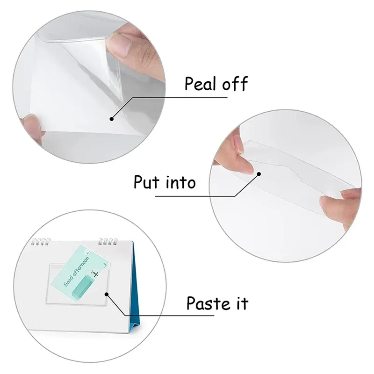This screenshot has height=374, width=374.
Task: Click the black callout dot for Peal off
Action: pyautogui.click(x=112, y=118)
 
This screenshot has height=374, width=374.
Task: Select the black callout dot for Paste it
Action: pyautogui.click(x=107, y=295)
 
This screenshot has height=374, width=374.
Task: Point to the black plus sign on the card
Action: pyautogui.click(x=96, y=275)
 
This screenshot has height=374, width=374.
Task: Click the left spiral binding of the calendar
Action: pyautogui.click(x=40, y=242)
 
